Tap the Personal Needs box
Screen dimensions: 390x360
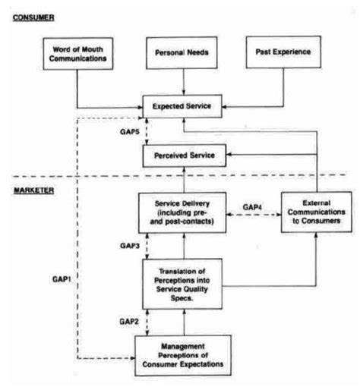point(182,55)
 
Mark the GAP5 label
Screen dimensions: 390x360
point(128,133)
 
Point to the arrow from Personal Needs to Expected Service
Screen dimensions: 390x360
point(182,83)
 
